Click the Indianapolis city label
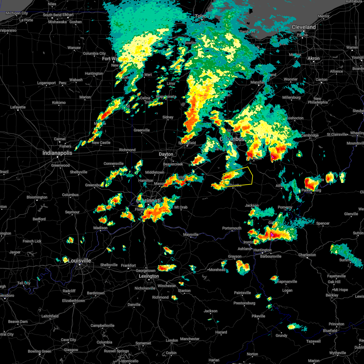[57, 153]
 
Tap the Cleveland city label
[304, 27]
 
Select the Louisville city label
[79, 261]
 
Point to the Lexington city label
[149, 276]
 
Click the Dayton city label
[166, 154]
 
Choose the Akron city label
[314, 58]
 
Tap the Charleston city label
[307, 255]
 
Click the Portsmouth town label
[232, 228]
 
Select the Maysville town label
[191, 234]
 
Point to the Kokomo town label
[59, 103]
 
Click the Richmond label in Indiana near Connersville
[127, 150]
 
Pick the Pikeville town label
[258, 316]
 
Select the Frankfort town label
[128, 265]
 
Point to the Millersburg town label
[292, 97]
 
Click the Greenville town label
[142, 130]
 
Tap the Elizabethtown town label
[74, 301]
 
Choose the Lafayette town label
[18, 107]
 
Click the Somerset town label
[143, 343]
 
